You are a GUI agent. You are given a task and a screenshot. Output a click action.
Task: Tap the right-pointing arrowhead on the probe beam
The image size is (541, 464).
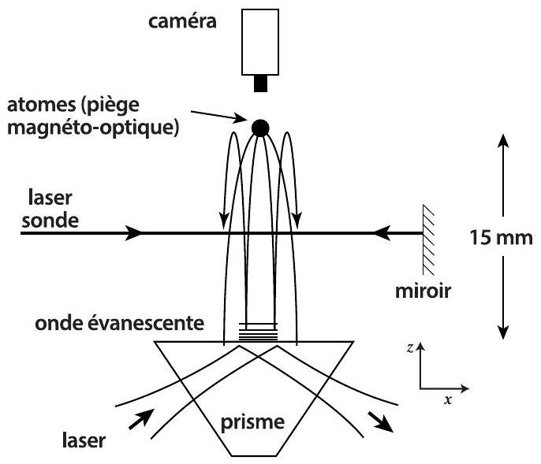coord(136,233)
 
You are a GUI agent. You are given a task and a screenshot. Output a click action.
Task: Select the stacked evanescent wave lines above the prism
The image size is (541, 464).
coord(258,331)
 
